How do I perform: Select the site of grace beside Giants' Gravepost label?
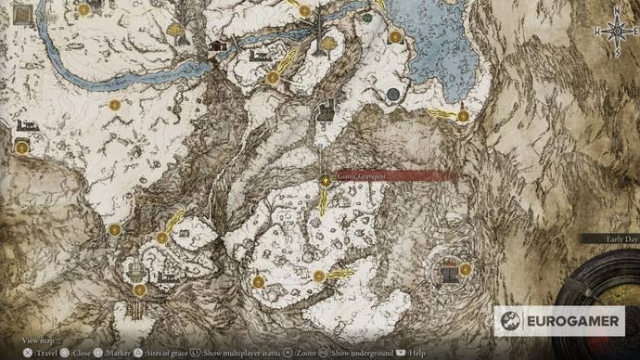tap(326, 181)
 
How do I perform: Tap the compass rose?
tap(616, 31)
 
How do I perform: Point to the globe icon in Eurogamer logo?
tap(508, 320)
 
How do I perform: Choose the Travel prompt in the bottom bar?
tap(42, 354)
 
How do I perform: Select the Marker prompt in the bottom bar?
tap(116, 354)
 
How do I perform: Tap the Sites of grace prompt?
tap(162, 354)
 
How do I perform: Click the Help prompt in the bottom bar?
tap(409, 354)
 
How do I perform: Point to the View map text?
tap(37, 341)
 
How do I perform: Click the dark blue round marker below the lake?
tap(393, 95)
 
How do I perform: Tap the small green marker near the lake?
tap(368, 17)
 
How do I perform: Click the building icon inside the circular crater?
tap(449, 273)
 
